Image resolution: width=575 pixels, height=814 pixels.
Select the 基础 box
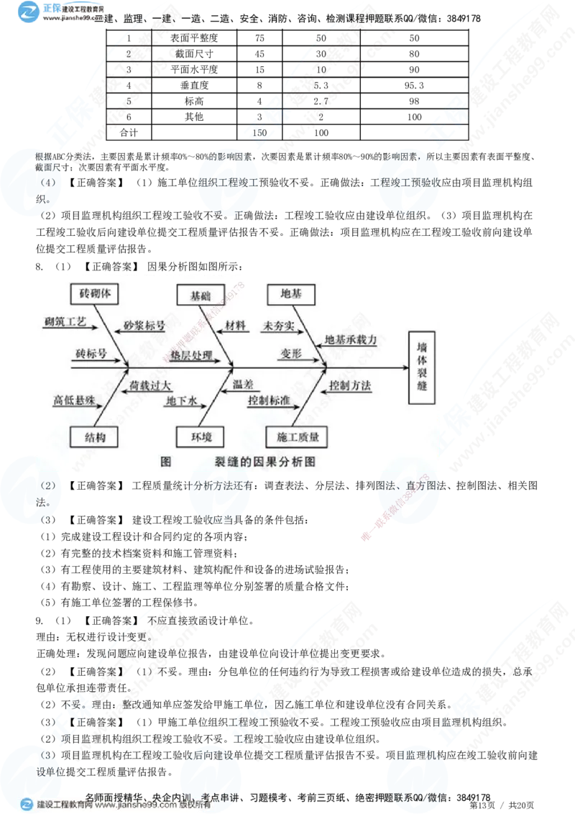(195, 295)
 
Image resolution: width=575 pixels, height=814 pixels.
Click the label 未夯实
(280, 325)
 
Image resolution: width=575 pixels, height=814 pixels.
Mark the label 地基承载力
(351, 339)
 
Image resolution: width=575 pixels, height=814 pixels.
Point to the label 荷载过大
(150, 386)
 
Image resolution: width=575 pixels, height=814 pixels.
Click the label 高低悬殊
(74, 400)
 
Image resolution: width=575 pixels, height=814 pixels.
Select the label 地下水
(181, 401)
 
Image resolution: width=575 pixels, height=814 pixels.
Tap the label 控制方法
(350, 386)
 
